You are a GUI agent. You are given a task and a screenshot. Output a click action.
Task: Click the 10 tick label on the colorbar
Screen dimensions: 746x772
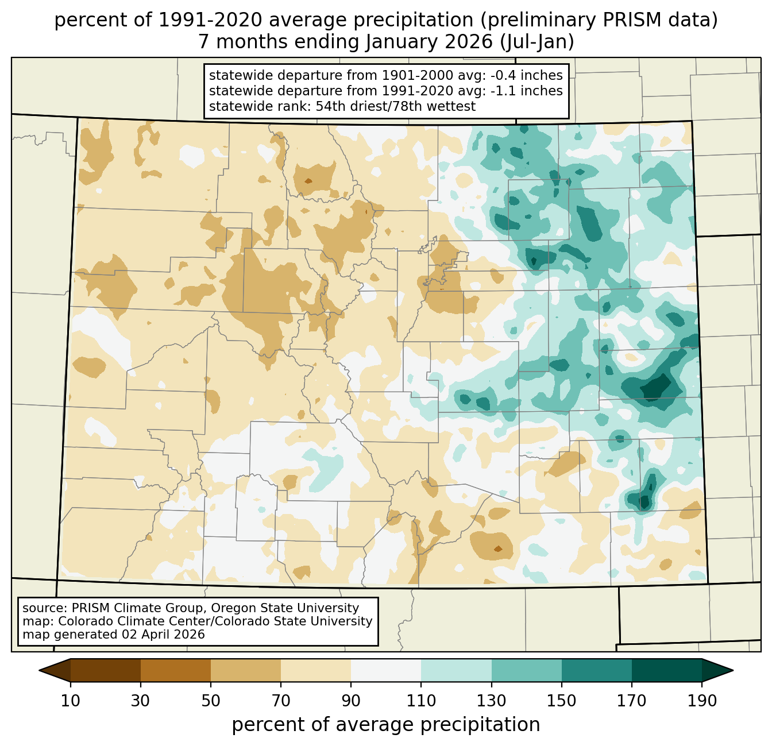coord(71,701)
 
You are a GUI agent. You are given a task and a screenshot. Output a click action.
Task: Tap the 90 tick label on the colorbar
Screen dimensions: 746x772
coord(351,701)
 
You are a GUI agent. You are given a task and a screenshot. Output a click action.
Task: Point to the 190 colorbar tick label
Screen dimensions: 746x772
coord(701,701)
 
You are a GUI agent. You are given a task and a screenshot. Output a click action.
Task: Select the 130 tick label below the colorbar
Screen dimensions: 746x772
coord(492,701)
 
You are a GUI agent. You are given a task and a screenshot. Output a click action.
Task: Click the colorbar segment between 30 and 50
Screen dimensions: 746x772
coord(176,670)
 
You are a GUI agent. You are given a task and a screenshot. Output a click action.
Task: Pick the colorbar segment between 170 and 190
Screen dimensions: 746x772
coord(666,670)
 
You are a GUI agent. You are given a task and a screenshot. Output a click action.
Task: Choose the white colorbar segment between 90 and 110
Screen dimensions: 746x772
coord(386,670)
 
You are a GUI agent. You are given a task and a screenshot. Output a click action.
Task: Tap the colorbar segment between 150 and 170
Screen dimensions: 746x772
coord(596,670)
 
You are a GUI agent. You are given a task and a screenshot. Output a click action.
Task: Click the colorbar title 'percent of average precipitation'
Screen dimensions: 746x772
coord(386,725)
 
